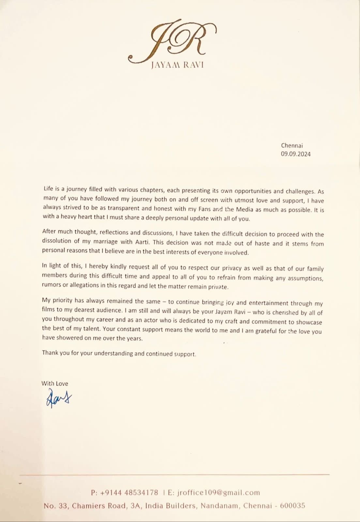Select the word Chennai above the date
point(292,145)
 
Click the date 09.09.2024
point(296,154)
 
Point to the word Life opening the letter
point(48,189)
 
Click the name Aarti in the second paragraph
point(141,242)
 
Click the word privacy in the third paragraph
point(232,268)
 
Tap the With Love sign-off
point(55,383)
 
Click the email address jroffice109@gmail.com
point(218,492)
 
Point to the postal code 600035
point(292,506)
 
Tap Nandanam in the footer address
point(219,506)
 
